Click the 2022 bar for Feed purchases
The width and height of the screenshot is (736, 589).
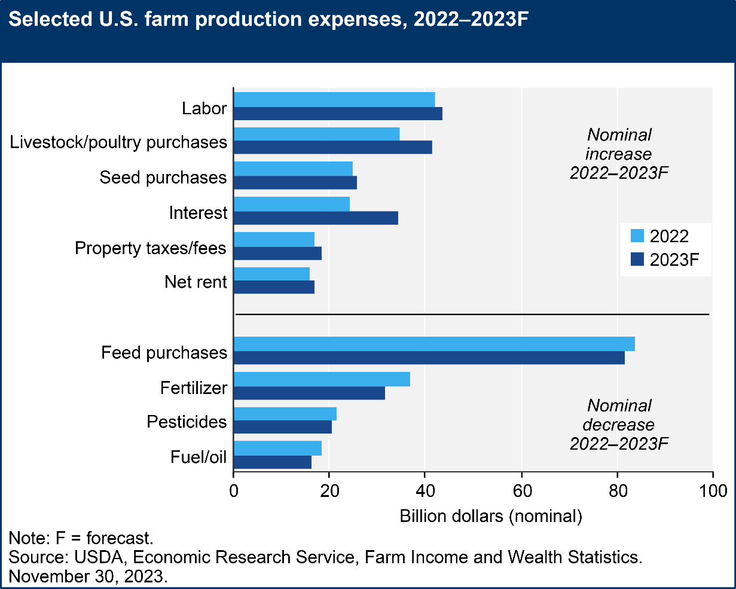click(x=434, y=344)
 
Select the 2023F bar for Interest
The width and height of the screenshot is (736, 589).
click(x=316, y=218)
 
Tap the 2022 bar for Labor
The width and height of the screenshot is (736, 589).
click(x=334, y=99)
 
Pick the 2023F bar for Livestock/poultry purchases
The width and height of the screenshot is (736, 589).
click(x=332, y=148)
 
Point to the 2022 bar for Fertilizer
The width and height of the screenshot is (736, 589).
click(x=322, y=379)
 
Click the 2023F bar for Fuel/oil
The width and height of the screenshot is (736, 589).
click(x=273, y=462)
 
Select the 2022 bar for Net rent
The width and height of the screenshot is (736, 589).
click(x=272, y=273)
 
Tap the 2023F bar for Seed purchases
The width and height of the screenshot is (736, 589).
click(x=295, y=183)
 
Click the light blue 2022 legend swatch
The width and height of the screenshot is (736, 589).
click(x=636, y=236)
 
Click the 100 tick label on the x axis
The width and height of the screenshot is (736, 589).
click(x=713, y=492)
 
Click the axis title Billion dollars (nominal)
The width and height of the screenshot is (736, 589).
click(x=490, y=516)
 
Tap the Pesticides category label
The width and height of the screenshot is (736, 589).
click(x=187, y=422)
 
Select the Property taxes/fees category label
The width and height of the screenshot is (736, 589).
click(x=151, y=248)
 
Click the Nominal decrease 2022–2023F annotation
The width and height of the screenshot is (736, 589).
click(x=619, y=425)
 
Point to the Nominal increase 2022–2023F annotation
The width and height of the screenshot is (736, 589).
click(x=619, y=154)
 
